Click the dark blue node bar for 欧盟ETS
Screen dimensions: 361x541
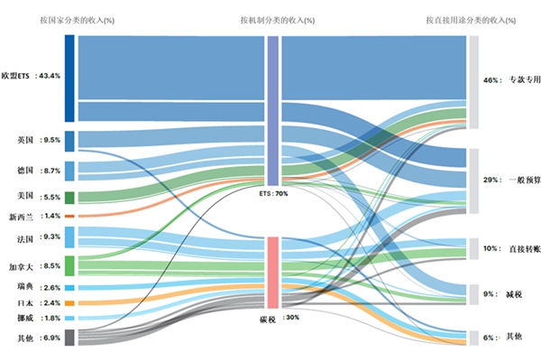[69, 78]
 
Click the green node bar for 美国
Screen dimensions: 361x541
[69, 197]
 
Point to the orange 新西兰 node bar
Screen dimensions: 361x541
[69, 217]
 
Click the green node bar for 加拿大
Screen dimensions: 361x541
[69, 265]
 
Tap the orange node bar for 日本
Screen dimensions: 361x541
[69, 302]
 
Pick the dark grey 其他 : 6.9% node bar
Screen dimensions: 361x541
[69, 338]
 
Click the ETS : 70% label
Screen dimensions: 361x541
[273, 194]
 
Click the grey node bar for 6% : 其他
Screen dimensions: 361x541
[473, 338]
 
